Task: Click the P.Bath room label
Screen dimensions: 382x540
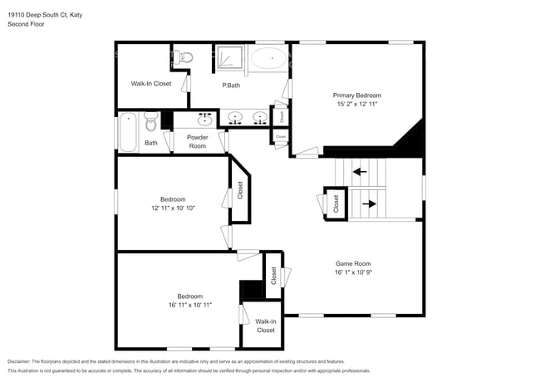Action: tap(232, 85)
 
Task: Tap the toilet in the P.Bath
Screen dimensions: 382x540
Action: tap(186, 57)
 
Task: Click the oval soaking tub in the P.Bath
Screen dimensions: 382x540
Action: tap(270, 58)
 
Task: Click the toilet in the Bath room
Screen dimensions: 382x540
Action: tap(150, 124)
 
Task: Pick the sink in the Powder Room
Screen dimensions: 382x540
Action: tap(204, 120)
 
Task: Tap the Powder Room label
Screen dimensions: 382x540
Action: tap(197, 141)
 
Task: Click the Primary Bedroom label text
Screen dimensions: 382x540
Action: tap(357, 95)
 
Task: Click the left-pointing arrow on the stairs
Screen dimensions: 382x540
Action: tap(359, 173)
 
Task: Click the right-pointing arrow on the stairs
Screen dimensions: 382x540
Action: tap(369, 202)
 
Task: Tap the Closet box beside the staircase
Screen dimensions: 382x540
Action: tap(336, 203)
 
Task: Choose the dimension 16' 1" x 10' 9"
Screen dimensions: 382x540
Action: tap(353, 272)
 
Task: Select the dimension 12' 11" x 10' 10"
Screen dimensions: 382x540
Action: tap(173, 208)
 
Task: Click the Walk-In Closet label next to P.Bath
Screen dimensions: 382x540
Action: tap(151, 84)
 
